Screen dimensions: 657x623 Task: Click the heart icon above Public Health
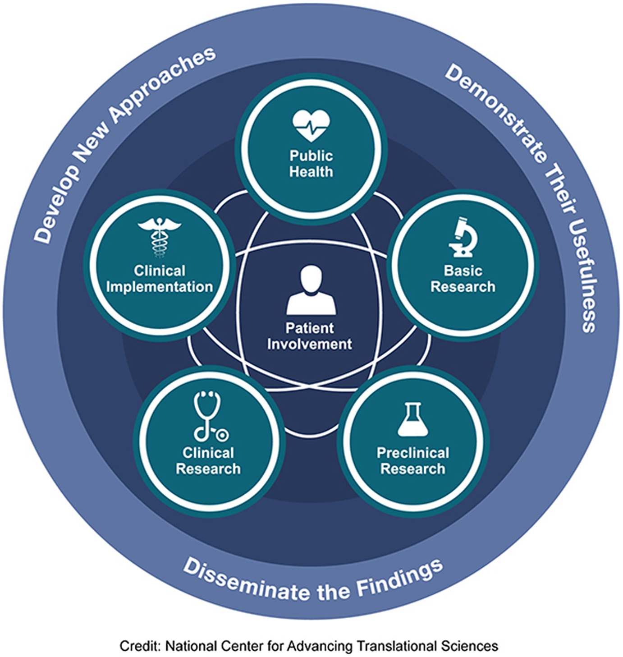[x=311, y=125]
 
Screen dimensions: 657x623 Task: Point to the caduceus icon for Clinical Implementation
[x=159, y=237]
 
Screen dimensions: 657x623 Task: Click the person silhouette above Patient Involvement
[x=311, y=290]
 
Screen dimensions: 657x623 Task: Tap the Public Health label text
[x=311, y=164]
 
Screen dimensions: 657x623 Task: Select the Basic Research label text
[x=463, y=279]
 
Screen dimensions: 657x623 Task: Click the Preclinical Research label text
[x=412, y=461]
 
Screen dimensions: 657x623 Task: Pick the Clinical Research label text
[x=208, y=461]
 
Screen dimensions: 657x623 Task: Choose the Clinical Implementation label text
[x=159, y=279]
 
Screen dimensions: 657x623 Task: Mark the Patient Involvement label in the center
[x=310, y=336]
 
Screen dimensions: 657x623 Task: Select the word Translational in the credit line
[x=397, y=646]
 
